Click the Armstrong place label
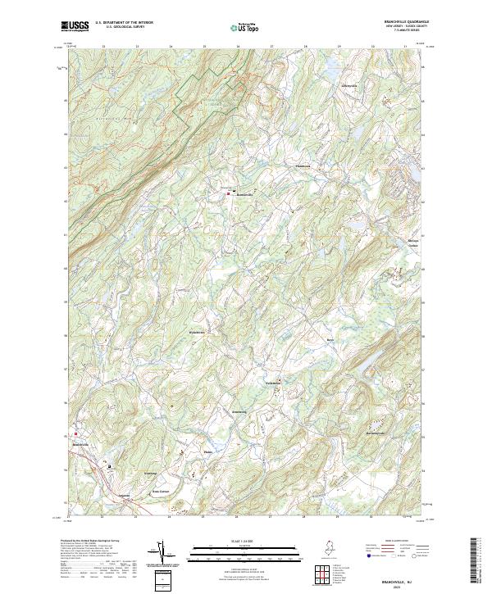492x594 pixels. tap(240, 411)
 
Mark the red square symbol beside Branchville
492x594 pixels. tap(77, 434)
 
